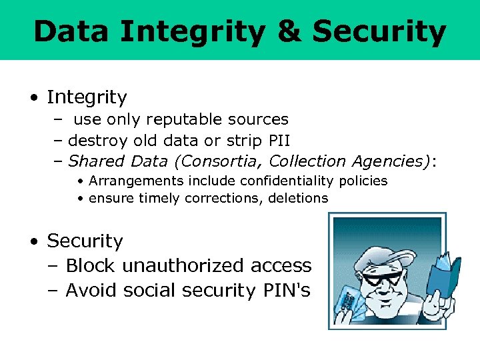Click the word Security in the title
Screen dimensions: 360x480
point(379,31)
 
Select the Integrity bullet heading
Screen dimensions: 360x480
point(87,97)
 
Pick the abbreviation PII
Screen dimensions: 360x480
point(279,140)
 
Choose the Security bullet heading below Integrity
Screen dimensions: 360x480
point(85,241)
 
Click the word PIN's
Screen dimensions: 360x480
point(287,291)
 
